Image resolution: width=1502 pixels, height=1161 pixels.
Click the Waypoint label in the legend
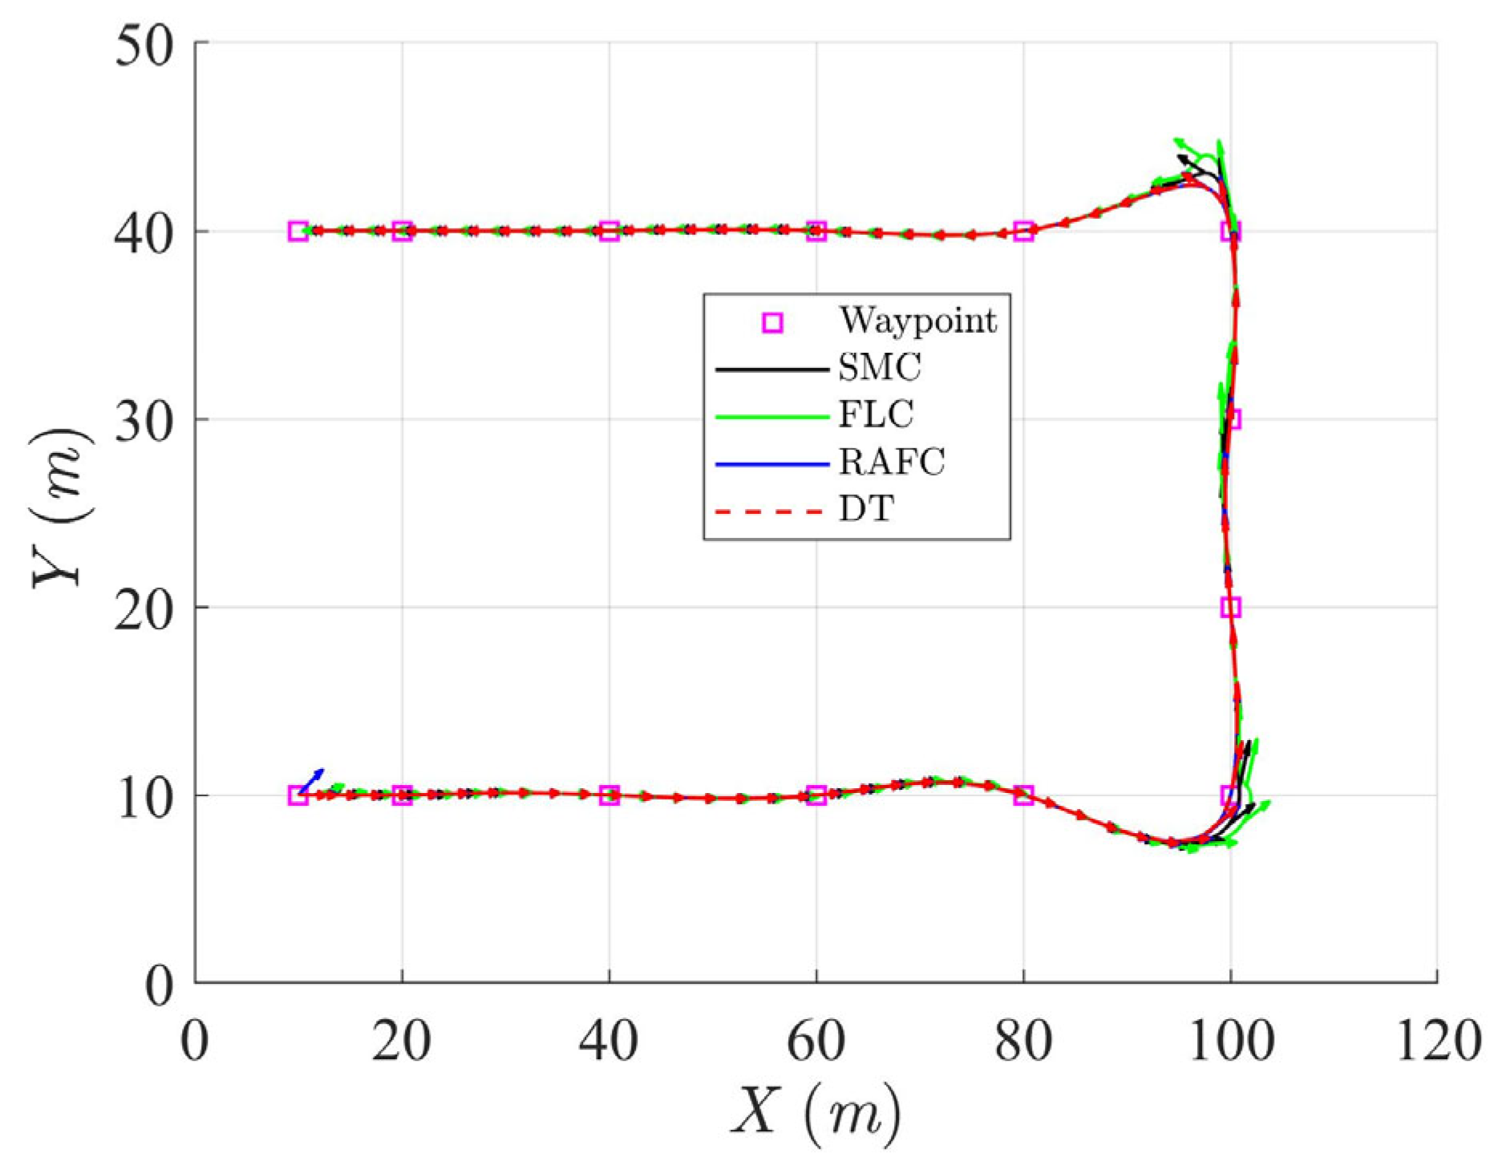(x=917, y=322)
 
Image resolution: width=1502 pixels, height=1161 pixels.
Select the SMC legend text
(x=880, y=368)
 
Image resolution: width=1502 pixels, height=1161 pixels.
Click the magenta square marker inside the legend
(x=771, y=322)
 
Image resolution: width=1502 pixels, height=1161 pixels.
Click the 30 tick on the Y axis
(x=144, y=420)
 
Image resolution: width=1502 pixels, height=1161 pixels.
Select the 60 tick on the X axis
(x=816, y=1042)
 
